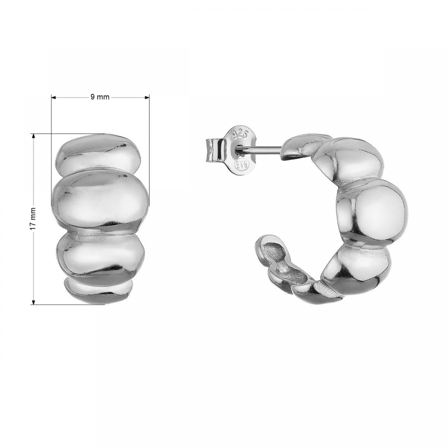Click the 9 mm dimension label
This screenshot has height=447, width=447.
coord(100,97)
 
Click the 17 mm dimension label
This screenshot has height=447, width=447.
coord(33,219)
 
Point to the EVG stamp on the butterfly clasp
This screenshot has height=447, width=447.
coord(242,164)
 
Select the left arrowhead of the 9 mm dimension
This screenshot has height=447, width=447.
coord(53,97)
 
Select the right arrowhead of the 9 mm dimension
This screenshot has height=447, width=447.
coord(147,97)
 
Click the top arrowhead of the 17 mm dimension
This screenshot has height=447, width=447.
coord(34,136)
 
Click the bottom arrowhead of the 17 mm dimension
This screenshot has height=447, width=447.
coord(34,302)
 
